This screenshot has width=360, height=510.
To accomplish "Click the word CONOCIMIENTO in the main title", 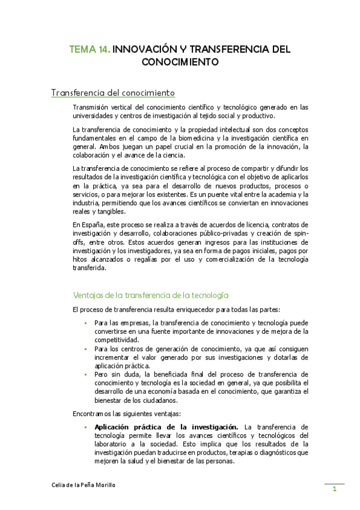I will tap(180, 61).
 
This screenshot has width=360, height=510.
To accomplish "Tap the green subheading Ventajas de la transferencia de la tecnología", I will tap(150, 295).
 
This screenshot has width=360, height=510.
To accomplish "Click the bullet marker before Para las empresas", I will tap(86, 324).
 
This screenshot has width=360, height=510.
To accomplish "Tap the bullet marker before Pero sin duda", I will tap(86, 374).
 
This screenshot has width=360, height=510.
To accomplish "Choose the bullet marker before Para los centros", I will tap(86, 349).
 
